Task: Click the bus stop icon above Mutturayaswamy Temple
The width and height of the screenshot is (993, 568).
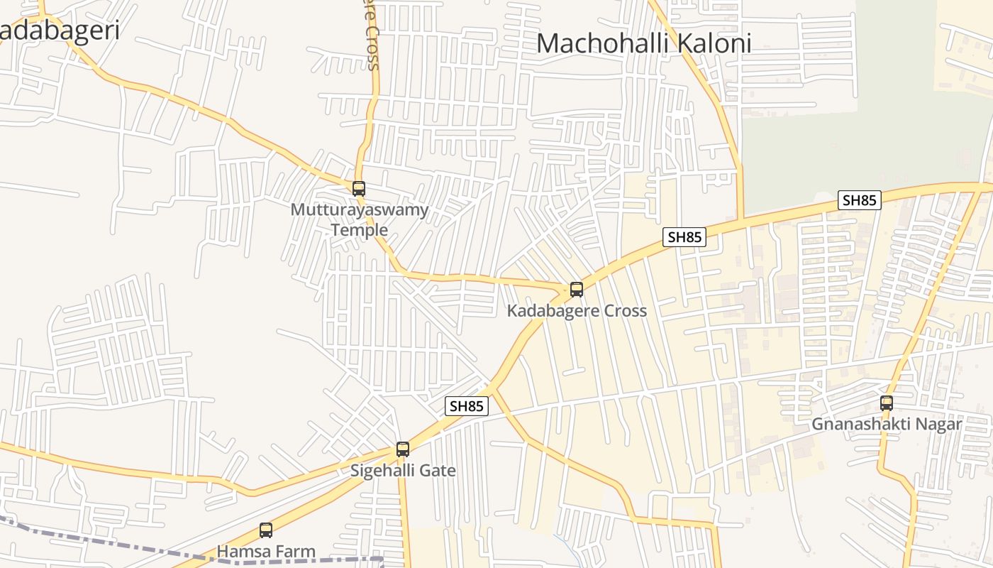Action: click(359, 189)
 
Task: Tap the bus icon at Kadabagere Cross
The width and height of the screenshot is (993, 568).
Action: click(577, 290)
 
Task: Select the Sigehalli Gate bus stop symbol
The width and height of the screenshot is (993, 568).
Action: click(403, 449)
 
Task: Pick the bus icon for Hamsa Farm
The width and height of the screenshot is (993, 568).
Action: click(266, 530)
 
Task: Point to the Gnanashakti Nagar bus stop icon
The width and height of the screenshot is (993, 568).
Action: click(887, 403)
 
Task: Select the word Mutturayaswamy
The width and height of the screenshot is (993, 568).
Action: click(360, 210)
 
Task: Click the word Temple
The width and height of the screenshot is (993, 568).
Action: click(360, 229)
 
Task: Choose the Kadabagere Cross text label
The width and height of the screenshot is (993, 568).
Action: click(577, 310)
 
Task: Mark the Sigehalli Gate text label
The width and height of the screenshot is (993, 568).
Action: click(403, 470)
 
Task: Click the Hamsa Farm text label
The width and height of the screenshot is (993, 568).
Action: click(266, 551)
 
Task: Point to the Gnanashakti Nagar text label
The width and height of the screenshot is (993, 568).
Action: click(887, 424)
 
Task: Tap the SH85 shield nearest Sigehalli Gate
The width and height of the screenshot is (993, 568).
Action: click(467, 406)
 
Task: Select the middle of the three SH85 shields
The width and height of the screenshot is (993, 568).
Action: click(684, 237)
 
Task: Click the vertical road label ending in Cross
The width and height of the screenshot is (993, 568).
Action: click(372, 35)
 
